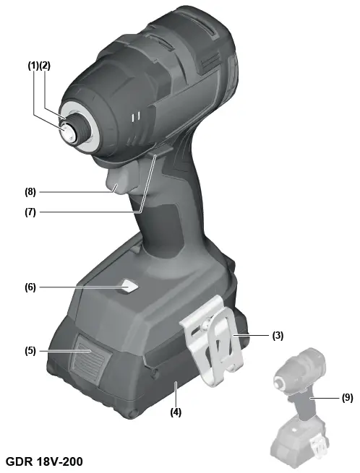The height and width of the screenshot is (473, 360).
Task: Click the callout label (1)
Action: point(33,66)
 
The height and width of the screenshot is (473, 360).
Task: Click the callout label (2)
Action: point(45,66)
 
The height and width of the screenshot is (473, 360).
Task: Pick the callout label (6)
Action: point(30,287)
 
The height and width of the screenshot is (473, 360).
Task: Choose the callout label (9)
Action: point(348,398)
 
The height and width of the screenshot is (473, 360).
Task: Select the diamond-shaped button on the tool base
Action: point(129,287)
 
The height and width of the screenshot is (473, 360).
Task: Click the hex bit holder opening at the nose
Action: point(69,131)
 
